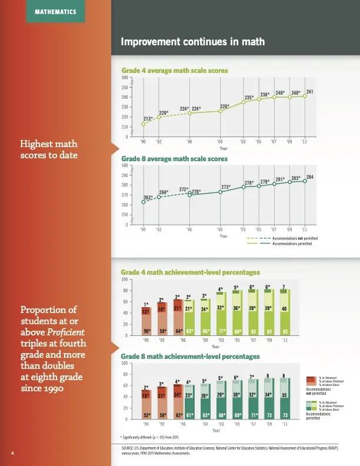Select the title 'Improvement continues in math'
[192, 42]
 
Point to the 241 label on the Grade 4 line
[309, 91]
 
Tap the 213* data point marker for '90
[143, 124]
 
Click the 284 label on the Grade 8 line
[309, 177]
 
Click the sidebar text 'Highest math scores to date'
[49, 149]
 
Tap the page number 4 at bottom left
[12, 452]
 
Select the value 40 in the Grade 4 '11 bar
[285, 308]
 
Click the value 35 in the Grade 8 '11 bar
[285, 395]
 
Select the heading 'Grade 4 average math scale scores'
[174, 71]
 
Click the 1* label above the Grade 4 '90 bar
[146, 304]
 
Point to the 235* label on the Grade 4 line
[249, 97]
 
